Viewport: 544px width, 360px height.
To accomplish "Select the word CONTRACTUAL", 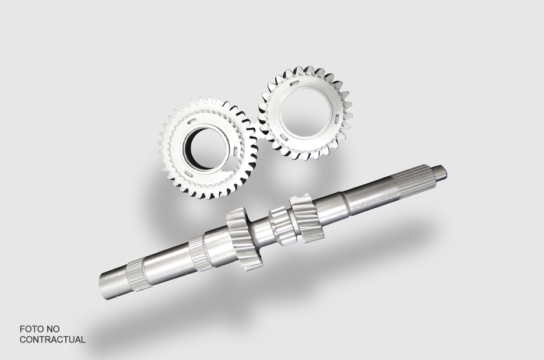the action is coord(52,340).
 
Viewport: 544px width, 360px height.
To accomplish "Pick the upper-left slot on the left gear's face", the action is coord(191,121).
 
